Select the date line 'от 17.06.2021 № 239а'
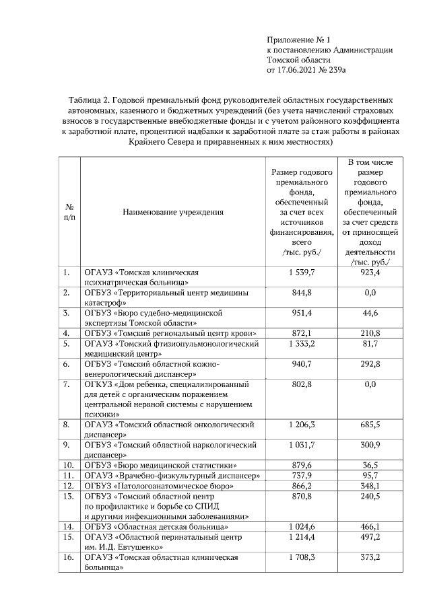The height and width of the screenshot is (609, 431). [306, 69]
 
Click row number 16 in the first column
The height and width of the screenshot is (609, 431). [67, 558]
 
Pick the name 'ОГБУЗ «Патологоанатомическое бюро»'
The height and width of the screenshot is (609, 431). [158, 485]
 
